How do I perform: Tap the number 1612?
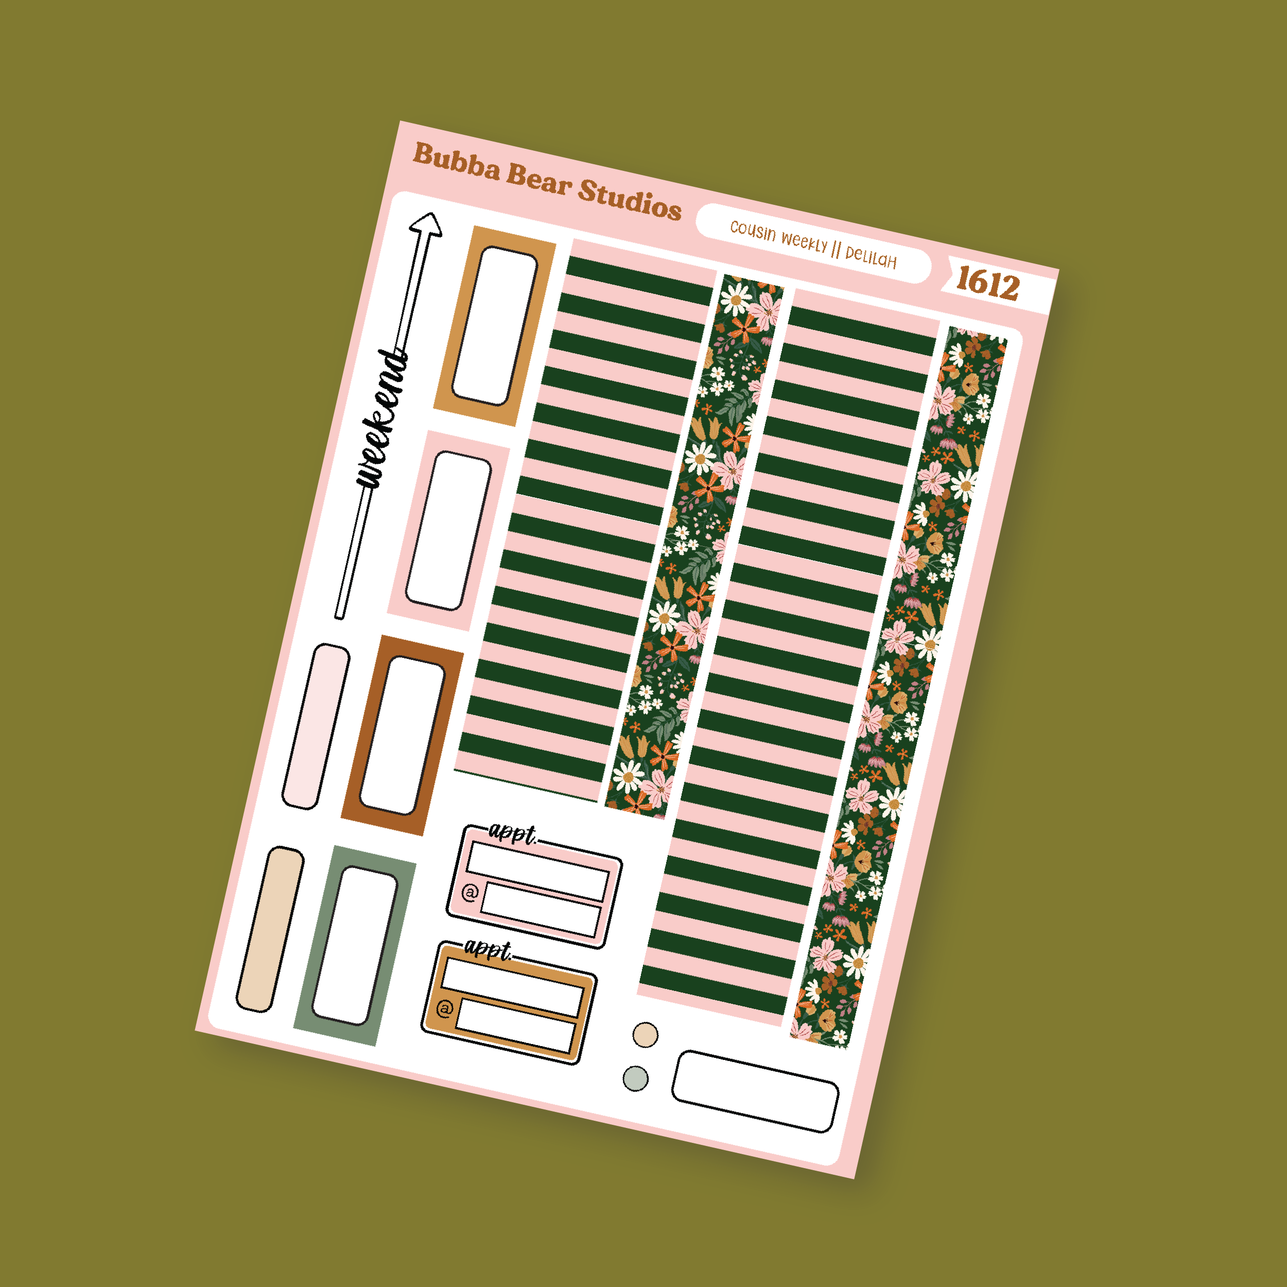988,283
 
